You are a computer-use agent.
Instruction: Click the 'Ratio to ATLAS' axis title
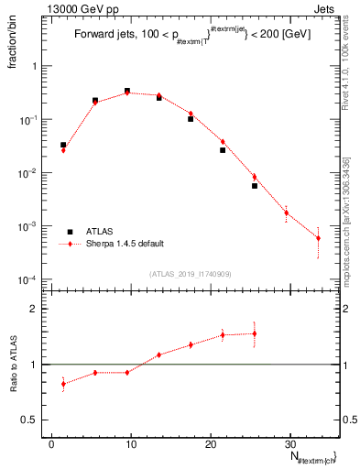click(x=13, y=364)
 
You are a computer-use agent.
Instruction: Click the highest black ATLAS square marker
click(x=127, y=91)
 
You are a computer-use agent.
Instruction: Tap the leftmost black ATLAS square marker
click(x=63, y=145)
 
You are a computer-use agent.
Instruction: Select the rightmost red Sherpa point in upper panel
click(x=318, y=238)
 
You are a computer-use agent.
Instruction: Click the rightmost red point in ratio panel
click(x=255, y=333)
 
